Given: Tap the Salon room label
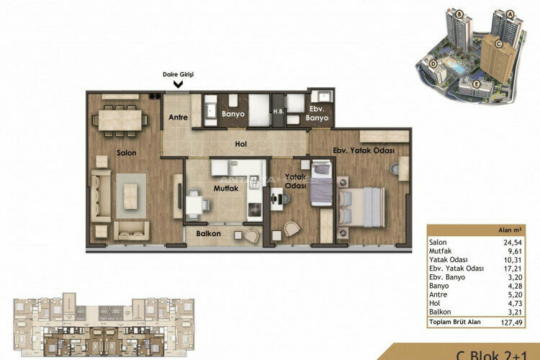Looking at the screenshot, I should coord(127,153).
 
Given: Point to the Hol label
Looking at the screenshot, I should coord(241,144).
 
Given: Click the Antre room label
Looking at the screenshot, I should coord(178,117).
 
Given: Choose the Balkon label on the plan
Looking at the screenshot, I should coord(207,234).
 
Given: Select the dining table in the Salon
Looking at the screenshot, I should coord(120,118).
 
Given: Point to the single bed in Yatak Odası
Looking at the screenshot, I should coord(321,186).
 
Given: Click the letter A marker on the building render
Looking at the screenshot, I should coord(510,13).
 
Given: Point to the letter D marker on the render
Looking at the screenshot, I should coord(433,63).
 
